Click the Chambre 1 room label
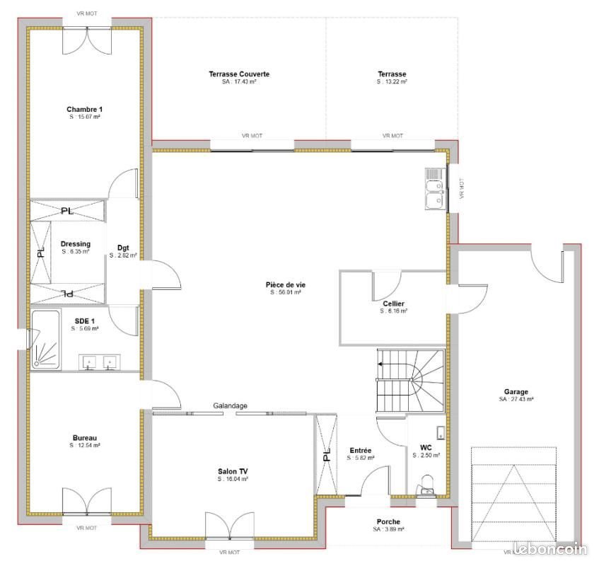(84, 109)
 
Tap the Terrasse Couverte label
(239, 74)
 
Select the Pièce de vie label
(286, 284)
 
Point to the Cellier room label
(393, 304)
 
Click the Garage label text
(516, 391)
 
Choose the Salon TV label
(233, 471)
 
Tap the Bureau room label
(84, 438)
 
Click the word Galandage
(231, 405)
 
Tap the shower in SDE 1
(47, 341)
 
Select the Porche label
(388, 522)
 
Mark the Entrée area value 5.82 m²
(361, 458)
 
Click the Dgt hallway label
(123, 248)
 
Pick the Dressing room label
(75, 244)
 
